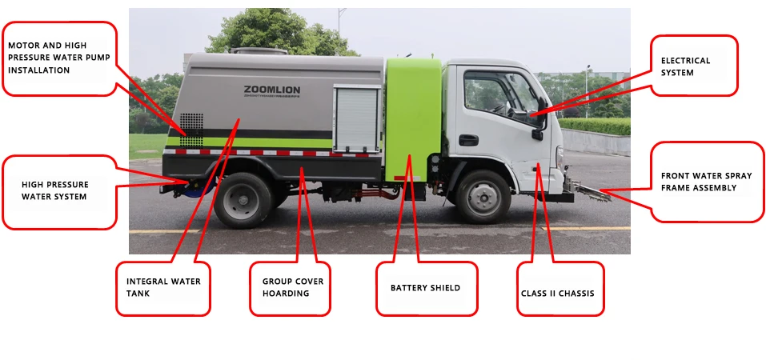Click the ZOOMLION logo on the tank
[272, 90]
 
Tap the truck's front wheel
[483, 196]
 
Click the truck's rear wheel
[243, 200]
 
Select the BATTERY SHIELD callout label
[425, 288]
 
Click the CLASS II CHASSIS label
[557, 294]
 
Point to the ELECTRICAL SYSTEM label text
[679, 66]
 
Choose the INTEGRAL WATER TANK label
[163, 287]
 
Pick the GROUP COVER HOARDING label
[293, 287]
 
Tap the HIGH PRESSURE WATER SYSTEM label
[54, 190]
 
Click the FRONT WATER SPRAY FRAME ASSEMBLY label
[707, 182]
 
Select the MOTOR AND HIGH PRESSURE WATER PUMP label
[59, 58]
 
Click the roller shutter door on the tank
[357, 119]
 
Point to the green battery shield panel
[413, 119]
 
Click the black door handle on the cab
[468, 140]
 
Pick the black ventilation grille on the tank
[191, 130]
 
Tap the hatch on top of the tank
[259, 50]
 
